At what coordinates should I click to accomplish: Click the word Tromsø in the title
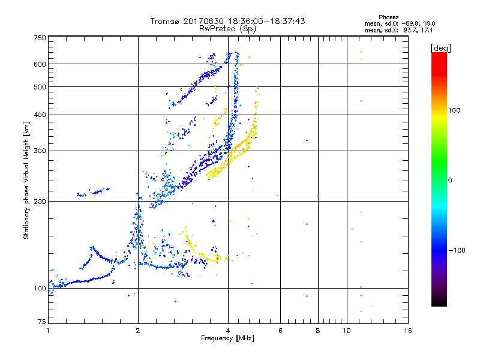pos(164,21)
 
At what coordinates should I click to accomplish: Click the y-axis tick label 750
pos(40,38)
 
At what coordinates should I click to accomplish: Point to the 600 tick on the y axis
pos(40,64)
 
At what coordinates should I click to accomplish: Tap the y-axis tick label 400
pos(40,115)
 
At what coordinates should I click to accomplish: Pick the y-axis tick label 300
pos(40,151)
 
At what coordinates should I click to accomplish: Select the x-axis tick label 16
pos(407,331)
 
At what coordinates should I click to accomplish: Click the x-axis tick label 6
pos(280,331)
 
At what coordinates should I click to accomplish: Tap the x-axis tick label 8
pos(318,331)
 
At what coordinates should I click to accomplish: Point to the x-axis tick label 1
pos(48,331)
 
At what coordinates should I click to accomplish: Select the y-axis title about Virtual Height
pos(26,180)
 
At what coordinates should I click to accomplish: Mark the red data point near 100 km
pos(113,282)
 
